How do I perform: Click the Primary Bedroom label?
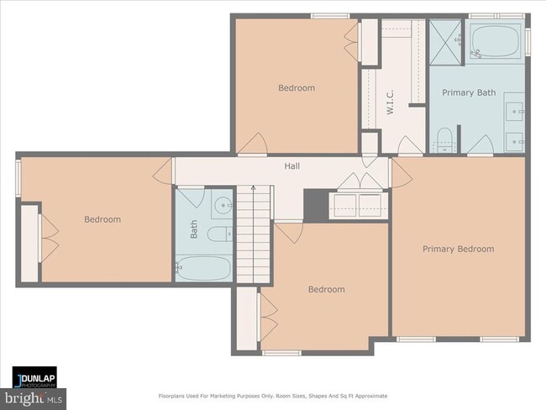tap(459, 249)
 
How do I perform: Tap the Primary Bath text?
tap(469, 92)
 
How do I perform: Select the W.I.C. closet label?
tap(390, 102)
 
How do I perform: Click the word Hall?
tap(291, 166)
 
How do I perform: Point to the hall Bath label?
tap(193, 229)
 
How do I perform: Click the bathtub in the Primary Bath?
tap(495, 41)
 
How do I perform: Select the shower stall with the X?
tap(446, 42)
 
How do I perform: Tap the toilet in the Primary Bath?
tap(444, 139)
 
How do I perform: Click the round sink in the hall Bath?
tap(222, 205)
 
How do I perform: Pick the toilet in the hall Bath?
tap(220, 234)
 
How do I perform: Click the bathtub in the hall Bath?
tap(203, 269)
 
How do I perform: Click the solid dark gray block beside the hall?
tap(316, 205)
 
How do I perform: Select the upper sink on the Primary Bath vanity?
tap(514, 112)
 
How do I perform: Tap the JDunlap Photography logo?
tap(34, 377)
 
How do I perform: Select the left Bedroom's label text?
tap(102, 219)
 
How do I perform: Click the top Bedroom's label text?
tap(297, 87)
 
